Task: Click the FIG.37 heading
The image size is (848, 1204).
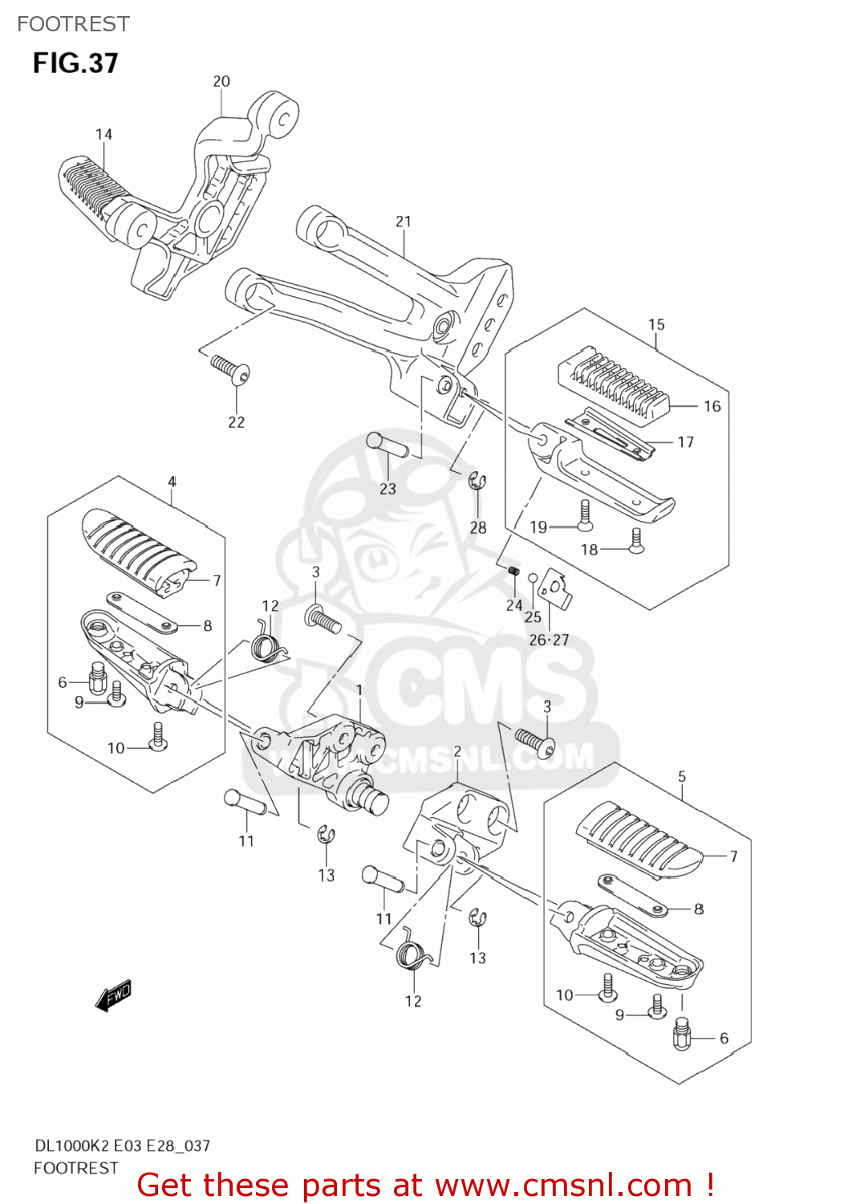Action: (75, 63)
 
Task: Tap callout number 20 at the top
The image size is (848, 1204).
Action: (221, 81)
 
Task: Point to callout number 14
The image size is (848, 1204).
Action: (103, 134)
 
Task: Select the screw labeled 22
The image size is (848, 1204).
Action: (231, 370)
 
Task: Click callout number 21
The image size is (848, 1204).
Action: (403, 222)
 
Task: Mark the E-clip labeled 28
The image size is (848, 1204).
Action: (477, 482)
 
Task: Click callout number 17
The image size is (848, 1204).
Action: (685, 441)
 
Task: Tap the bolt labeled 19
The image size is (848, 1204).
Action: (585, 515)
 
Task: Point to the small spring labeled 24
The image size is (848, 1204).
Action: (512, 570)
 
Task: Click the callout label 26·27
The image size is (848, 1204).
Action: (549, 640)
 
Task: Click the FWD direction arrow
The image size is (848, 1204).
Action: (113, 995)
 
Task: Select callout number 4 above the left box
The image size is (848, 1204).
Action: (172, 482)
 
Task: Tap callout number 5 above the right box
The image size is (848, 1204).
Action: (682, 776)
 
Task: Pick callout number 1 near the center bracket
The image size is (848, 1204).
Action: (359, 690)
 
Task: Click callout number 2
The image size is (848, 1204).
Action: (457, 751)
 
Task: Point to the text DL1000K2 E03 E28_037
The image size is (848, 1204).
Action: (122, 1145)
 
